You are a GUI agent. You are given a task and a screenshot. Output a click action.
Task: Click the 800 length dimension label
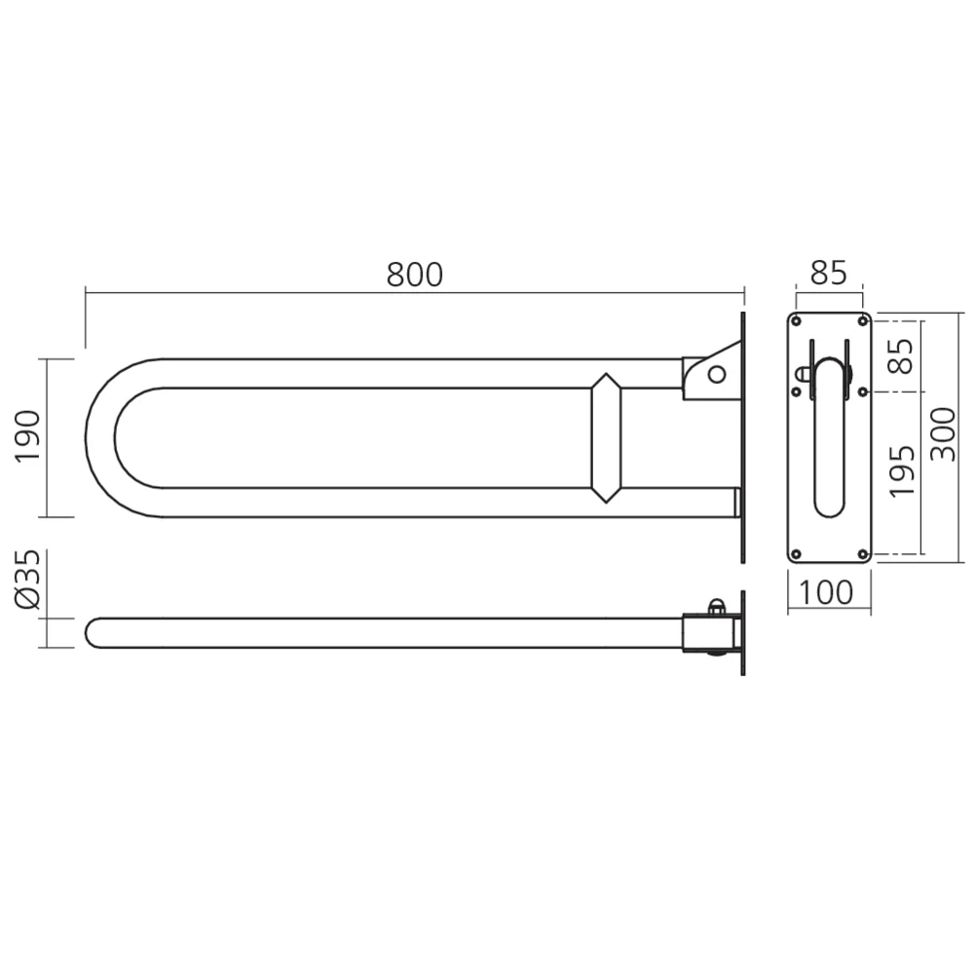[415, 275]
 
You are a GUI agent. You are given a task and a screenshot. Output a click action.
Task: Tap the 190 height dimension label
[28, 436]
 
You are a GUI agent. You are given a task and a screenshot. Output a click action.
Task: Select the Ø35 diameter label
[28, 580]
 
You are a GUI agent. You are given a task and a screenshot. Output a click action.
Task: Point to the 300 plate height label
[943, 434]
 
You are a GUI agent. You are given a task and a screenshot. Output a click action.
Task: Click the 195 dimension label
[903, 471]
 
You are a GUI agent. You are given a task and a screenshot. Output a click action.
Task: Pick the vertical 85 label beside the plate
[903, 356]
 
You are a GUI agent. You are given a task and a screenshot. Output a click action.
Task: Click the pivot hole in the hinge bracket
[717, 374]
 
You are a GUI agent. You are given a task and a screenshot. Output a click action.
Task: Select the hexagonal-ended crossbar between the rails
[606, 437]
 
